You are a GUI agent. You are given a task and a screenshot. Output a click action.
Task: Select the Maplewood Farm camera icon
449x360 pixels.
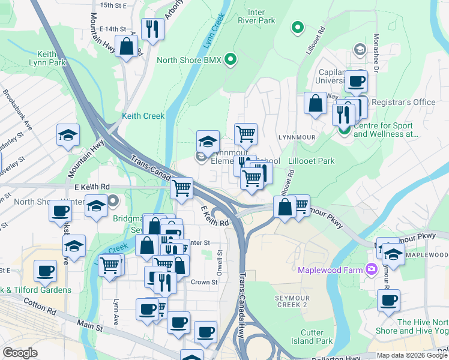click(372, 269)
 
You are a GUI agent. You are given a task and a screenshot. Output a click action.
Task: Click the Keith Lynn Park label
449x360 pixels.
click(50, 57)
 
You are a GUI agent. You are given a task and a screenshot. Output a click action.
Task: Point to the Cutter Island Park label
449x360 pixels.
click(316, 337)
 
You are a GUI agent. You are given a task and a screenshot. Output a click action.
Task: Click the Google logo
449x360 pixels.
click(20, 353)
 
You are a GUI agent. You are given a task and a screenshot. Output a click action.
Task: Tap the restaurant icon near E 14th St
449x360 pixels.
click(152, 28)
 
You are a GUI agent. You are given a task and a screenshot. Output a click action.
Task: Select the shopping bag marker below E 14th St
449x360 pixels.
click(127, 46)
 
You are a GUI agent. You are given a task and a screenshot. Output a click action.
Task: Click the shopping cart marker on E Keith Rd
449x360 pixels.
click(181, 188)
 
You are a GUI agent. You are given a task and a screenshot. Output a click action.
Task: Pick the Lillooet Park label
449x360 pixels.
click(312, 161)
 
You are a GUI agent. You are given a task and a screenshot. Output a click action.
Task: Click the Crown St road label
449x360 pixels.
click(204, 282)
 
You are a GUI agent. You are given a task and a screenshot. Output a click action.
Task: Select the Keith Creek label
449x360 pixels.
click(143, 116)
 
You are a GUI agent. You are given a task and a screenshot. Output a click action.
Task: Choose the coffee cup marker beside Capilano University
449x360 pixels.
click(355, 80)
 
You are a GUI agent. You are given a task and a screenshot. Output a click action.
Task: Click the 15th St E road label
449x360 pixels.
click(114, 5)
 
